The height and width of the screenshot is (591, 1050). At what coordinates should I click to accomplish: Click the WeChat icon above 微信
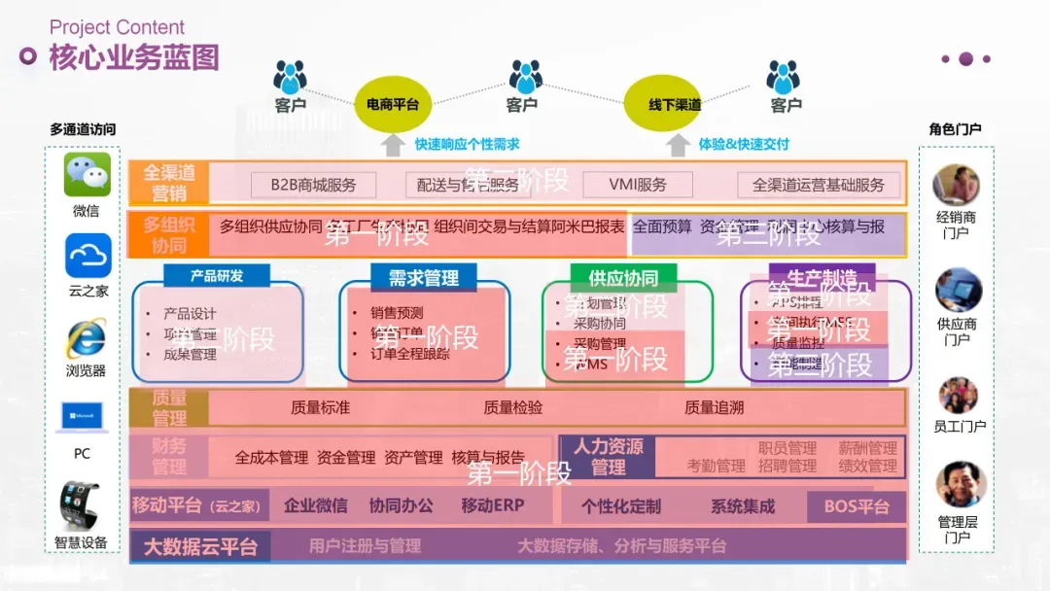87,176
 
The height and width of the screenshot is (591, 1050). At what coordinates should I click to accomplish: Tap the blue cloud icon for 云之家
87,256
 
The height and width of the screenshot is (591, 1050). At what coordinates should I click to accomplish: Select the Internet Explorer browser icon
87,336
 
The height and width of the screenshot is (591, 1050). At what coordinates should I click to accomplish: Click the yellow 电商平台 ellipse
392,104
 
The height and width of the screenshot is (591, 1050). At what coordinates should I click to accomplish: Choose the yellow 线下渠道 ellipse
675,104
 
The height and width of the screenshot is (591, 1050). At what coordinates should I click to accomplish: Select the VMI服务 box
638,185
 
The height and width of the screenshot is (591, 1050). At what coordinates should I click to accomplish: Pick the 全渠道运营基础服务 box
819,185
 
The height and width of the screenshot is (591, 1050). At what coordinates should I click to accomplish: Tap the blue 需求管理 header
424,278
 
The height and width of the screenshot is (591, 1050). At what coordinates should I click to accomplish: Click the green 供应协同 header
624,278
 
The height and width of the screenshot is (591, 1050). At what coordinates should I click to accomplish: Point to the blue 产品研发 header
217,276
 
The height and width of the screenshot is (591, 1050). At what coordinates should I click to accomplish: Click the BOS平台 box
857,506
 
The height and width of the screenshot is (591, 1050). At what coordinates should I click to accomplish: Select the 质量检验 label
513,408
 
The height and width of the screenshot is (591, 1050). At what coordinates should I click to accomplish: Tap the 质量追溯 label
714,408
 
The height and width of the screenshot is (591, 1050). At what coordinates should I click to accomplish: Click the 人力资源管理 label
609,457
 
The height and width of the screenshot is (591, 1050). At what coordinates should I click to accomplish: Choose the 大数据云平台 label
200,546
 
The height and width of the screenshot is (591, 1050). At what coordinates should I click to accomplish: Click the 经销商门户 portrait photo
956,185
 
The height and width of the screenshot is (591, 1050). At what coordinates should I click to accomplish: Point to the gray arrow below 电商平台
392,145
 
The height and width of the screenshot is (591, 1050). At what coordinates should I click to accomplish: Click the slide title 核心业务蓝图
134,57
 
